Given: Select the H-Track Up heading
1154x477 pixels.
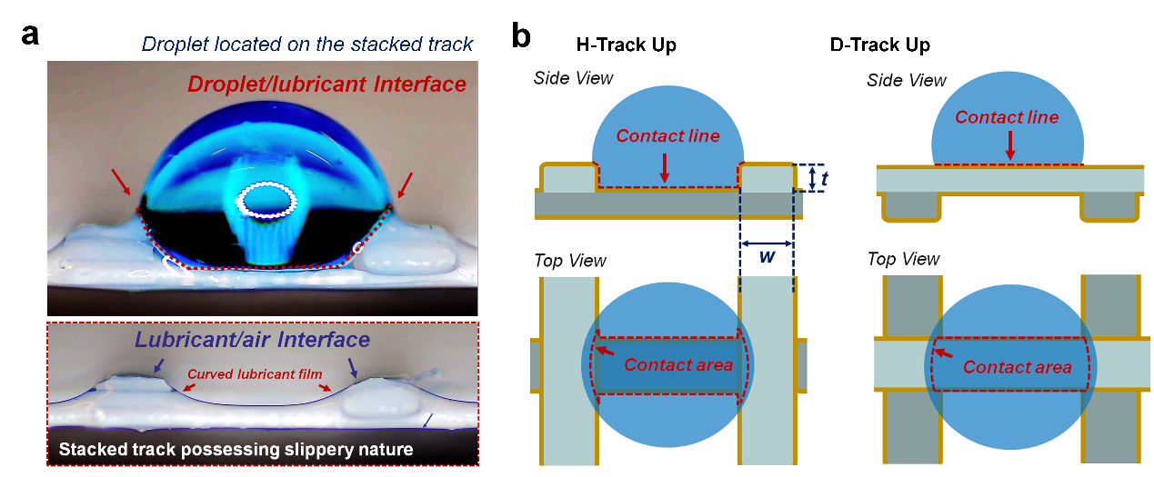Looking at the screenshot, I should click(626, 45).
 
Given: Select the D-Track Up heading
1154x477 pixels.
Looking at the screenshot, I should click(879, 45).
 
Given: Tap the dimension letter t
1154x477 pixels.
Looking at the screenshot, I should click(823, 179).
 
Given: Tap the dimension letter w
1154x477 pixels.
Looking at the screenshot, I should click(767, 257).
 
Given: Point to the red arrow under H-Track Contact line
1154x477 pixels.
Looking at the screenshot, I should click(666, 167).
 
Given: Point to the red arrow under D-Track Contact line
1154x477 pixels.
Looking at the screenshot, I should click(1009, 144).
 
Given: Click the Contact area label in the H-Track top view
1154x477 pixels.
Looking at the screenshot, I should click(677, 365).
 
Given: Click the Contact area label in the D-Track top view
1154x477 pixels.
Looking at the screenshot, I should click(1017, 367).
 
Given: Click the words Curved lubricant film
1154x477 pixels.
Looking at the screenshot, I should click(251, 373).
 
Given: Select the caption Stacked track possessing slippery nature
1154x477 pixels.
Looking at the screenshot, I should click(236, 449).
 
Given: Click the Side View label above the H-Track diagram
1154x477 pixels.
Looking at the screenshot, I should click(573, 78).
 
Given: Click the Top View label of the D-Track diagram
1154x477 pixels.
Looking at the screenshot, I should click(903, 259).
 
